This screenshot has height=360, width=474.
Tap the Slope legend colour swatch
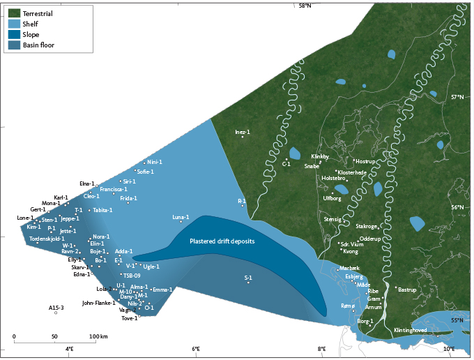(14, 34)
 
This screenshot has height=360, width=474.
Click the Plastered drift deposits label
(222, 241)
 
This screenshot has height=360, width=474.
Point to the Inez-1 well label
(242, 131)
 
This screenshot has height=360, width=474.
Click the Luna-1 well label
(181, 218)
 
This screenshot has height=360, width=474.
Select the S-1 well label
(248, 277)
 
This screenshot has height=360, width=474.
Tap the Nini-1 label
(154, 162)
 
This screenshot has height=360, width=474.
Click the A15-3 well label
(56, 307)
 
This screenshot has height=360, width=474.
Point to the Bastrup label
(406, 288)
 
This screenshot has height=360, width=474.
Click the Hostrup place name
(365, 161)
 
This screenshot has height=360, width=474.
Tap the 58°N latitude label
(306, 6)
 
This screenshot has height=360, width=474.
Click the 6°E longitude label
(196, 348)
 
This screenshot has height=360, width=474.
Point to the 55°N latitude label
(457, 320)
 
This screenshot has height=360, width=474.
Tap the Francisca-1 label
(113, 189)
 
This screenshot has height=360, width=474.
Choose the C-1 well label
(286, 164)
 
